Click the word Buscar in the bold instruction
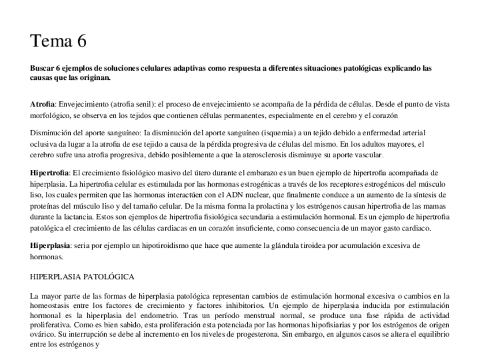click(41, 68)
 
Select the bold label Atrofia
click(42, 105)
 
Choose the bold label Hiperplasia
click(48, 246)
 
